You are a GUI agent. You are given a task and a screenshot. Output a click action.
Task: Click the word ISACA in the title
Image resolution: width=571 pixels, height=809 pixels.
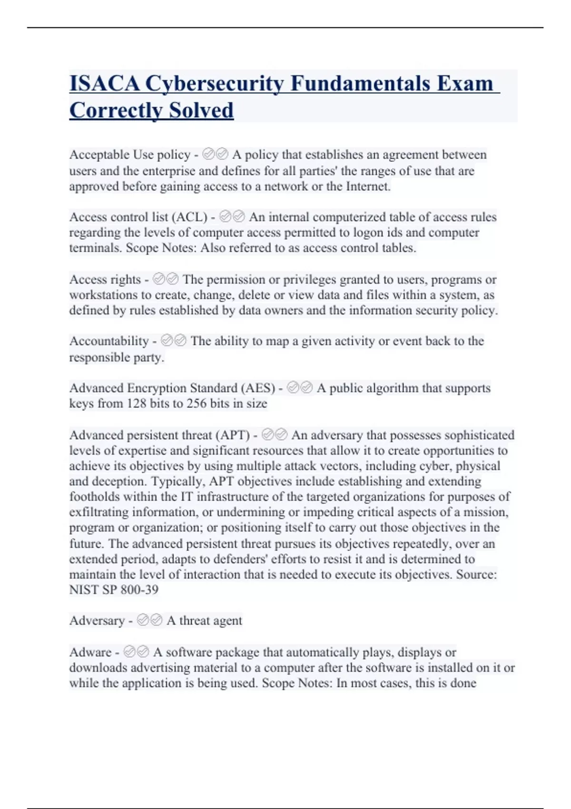105,83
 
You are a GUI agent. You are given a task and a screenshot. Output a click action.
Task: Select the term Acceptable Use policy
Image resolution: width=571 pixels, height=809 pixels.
130,155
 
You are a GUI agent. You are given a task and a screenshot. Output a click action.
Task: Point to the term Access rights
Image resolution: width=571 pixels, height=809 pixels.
105,279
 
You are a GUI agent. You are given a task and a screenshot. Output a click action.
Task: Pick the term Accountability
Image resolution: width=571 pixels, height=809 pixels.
109,341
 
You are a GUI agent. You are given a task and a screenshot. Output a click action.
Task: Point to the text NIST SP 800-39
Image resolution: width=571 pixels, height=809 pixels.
114,590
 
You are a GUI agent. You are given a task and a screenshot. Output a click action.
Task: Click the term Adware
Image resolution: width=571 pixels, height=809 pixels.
90,652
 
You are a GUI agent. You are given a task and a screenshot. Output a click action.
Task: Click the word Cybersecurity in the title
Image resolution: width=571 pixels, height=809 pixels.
214,83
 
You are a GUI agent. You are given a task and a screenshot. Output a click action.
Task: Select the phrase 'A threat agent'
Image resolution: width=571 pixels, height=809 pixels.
204,621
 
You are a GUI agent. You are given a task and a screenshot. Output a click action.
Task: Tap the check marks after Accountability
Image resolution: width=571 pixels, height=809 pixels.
174,341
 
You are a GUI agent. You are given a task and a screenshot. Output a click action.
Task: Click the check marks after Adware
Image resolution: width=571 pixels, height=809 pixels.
136,651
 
